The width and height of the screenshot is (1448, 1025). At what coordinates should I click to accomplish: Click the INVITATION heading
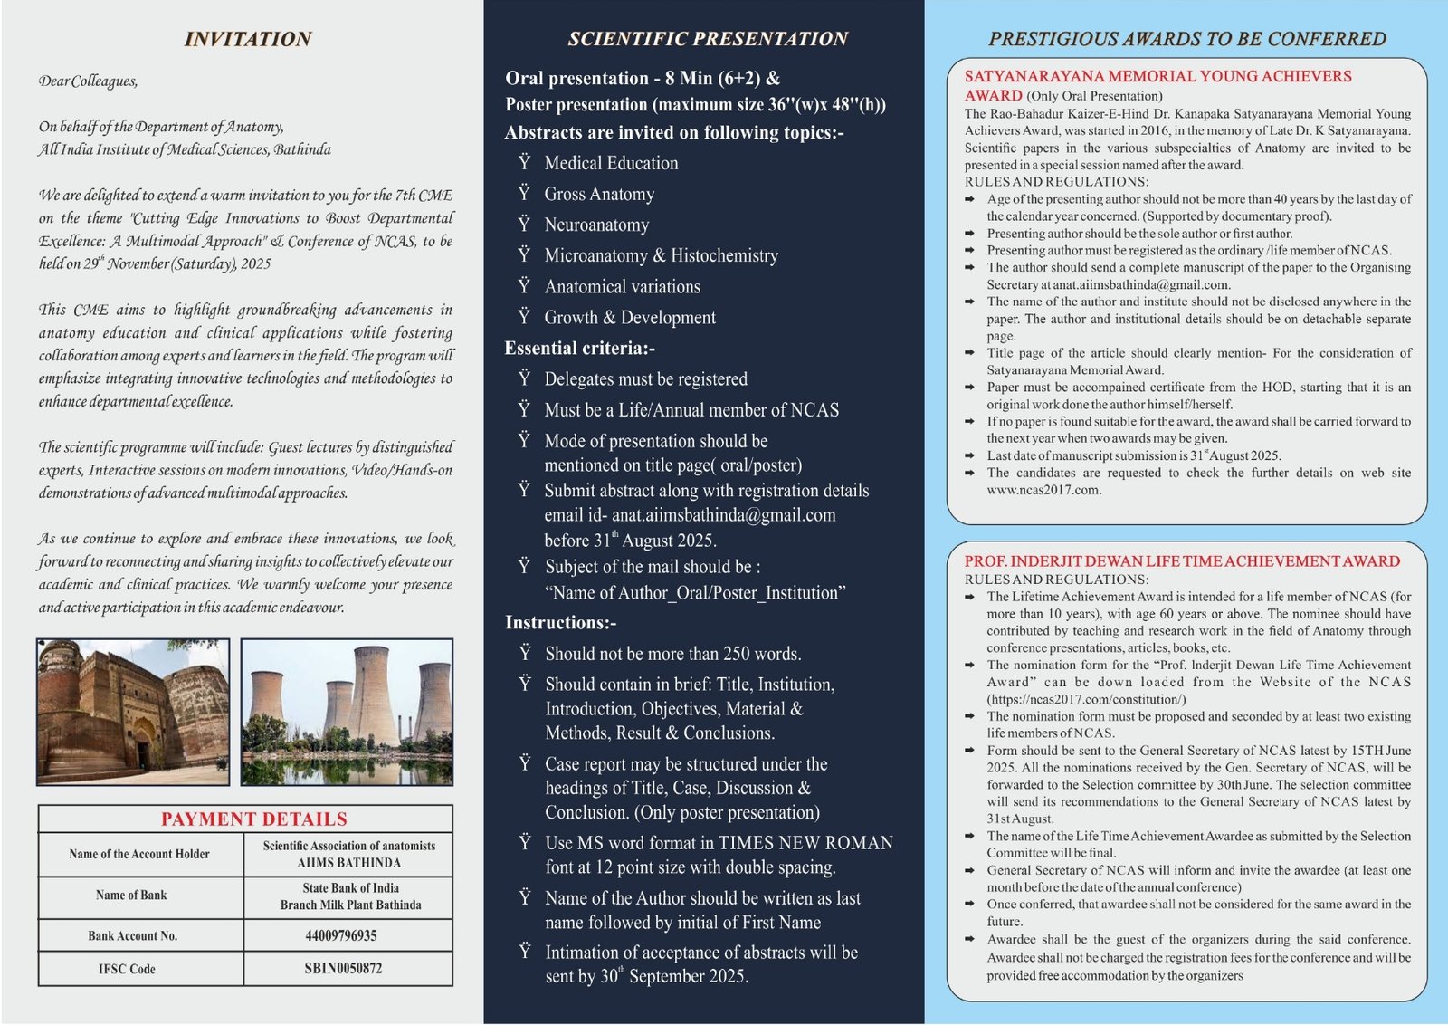[x=247, y=39]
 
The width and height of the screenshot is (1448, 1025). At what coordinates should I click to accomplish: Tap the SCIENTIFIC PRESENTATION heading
[x=707, y=39]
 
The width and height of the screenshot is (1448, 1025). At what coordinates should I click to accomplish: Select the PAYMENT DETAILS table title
[x=253, y=819]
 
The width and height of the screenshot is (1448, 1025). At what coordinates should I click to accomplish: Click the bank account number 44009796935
[x=341, y=935]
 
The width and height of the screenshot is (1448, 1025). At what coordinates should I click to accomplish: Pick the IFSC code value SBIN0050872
[x=343, y=968]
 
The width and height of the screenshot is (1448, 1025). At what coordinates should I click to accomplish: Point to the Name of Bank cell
[x=131, y=895]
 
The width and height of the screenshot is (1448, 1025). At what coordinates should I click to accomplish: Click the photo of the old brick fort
[x=133, y=711]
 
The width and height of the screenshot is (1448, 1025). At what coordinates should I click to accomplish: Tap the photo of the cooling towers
[x=347, y=711]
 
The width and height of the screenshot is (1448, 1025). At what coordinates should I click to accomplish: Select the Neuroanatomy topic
[x=596, y=225]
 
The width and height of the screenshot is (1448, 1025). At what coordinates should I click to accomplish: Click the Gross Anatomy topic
[x=599, y=194]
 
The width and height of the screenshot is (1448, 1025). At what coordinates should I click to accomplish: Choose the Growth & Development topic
[x=630, y=318]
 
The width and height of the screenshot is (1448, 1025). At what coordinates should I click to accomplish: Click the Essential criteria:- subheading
[x=579, y=349]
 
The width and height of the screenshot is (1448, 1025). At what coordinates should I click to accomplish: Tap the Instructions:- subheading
[x=560, y=623]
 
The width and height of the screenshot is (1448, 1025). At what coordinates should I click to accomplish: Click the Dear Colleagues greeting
[x=88, y=81]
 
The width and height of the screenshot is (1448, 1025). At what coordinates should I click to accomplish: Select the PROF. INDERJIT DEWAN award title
[x=1182, y=561]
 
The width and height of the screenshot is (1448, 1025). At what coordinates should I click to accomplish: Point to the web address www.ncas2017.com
[x=1043, y=490]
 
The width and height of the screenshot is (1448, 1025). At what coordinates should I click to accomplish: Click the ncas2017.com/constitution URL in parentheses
[x=1086, y=699]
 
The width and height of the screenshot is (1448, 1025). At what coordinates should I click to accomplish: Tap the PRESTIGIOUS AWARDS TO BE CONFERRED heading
[x=1186, y=39]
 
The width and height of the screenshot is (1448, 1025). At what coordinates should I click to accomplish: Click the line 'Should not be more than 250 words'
[x=672, y=654]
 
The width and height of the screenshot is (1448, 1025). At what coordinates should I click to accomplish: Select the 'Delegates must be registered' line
[x=645, y=379]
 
